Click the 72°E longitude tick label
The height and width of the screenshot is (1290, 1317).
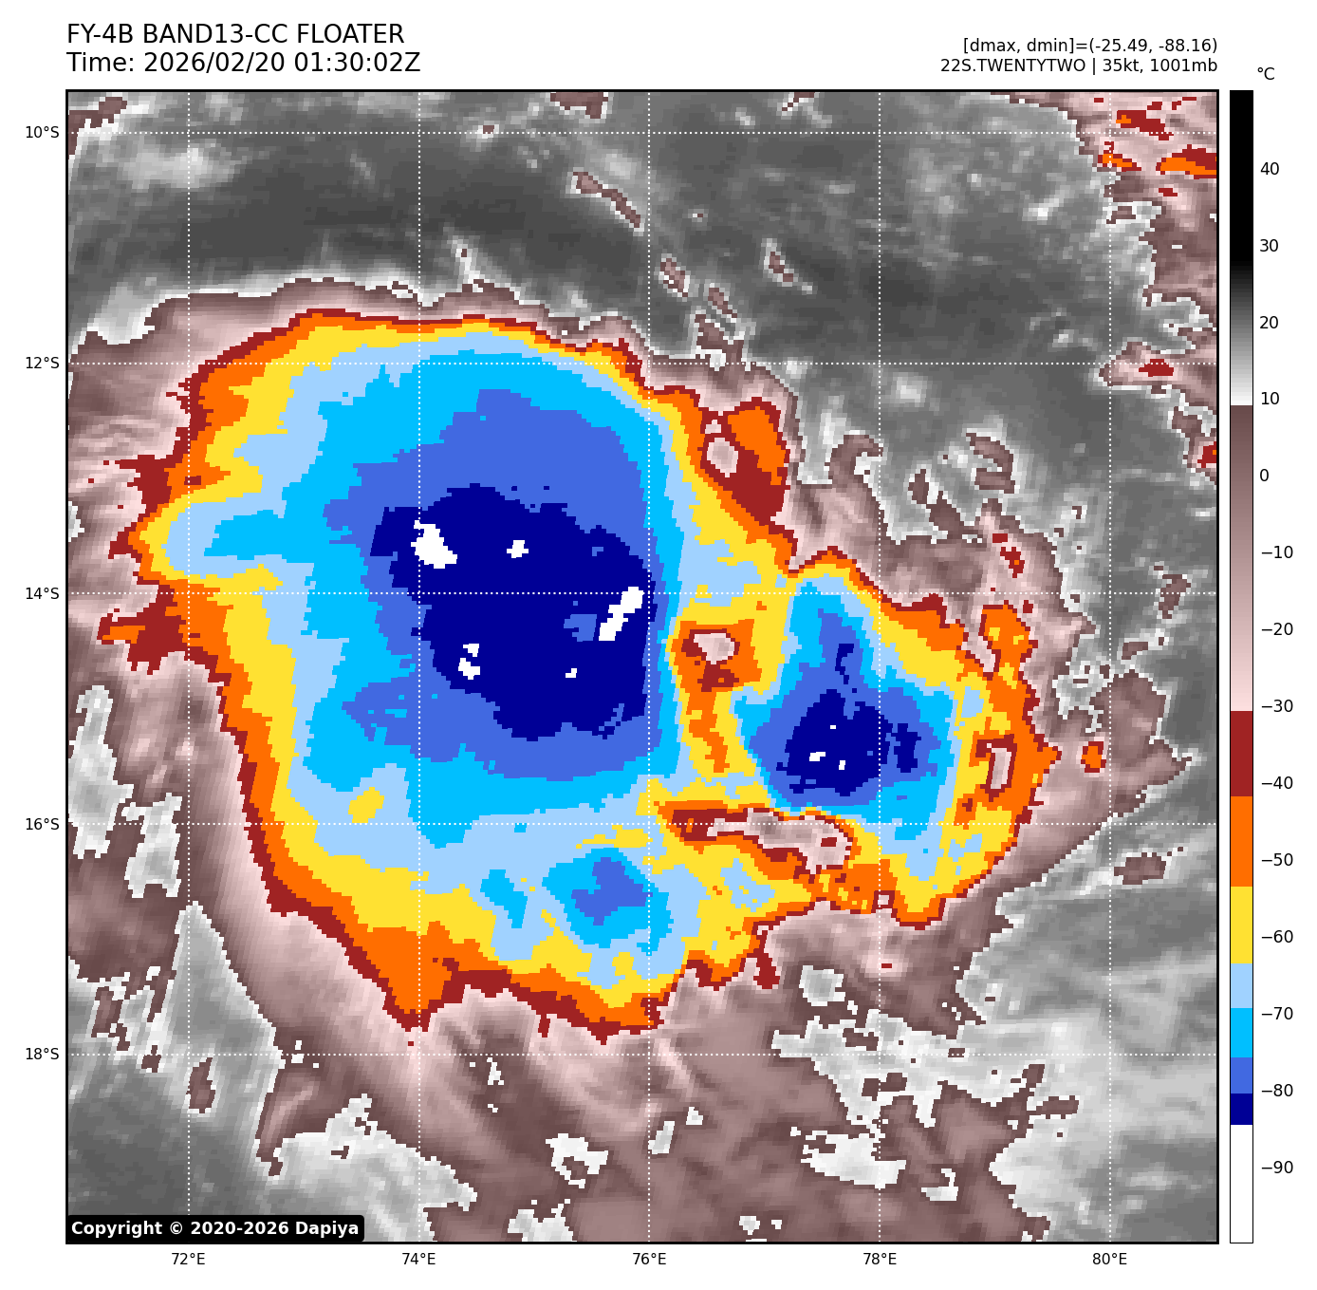point(188,1260)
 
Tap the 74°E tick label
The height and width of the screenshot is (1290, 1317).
point(418,1260)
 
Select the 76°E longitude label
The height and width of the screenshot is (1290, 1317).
point(649,1260)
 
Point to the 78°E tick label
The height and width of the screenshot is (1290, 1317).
point(880,1260)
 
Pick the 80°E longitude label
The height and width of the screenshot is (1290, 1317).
point(1109,1260)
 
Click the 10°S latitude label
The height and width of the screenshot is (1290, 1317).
point(42,133)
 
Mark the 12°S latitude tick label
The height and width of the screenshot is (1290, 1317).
point(42,364)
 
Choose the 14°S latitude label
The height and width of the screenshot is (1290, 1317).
point(42,594)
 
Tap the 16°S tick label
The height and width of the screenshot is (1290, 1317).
point(42,824)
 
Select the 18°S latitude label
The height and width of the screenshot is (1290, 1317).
point(42,1055)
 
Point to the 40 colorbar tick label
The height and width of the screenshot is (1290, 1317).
point(1270,170)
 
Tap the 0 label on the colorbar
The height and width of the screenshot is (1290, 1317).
point(1264,477)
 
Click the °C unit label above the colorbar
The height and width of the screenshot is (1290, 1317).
point(1266,74)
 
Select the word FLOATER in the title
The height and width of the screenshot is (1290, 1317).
point(350,35)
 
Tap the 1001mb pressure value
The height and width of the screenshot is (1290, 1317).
point(1189,65)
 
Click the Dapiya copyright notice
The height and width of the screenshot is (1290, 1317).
point(215,1228)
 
